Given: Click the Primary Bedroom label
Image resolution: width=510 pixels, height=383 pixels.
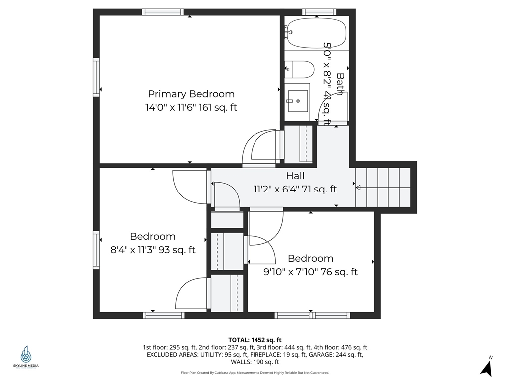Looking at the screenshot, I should [x=191, y=94].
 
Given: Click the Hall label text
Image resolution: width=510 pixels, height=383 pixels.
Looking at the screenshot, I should [x=295, y=176].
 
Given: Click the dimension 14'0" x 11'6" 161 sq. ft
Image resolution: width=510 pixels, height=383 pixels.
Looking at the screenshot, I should [x=191, y=107].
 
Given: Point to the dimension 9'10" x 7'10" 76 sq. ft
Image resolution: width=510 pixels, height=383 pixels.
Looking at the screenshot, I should [x=311, y=272].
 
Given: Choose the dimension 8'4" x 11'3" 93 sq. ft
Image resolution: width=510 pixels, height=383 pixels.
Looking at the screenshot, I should [x=153, y=250].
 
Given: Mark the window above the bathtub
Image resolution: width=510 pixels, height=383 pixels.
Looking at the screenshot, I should [x=319, y=12].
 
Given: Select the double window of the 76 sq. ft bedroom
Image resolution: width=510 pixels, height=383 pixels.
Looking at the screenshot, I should [x=312, y=315].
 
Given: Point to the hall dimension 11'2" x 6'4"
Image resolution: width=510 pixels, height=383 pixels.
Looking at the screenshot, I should [x=295, y=189].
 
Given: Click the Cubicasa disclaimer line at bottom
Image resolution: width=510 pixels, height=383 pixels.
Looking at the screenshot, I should [x=255, y=373].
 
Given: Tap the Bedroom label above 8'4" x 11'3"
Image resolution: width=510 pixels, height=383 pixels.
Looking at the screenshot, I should [x=153, y=236].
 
